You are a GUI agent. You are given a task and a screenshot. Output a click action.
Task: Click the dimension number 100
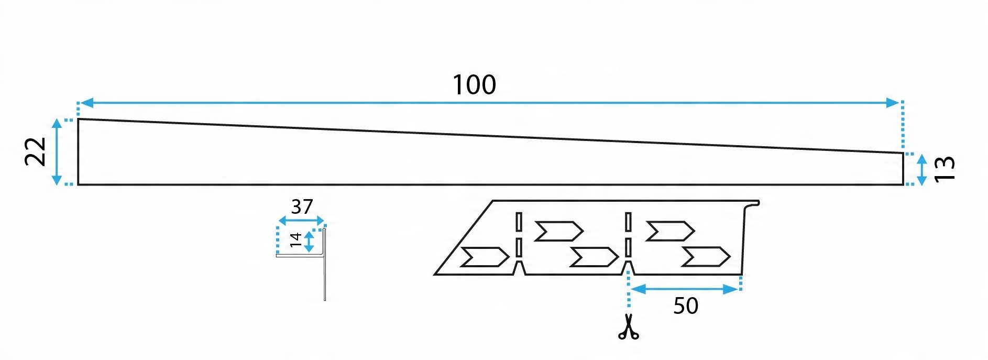pos(474,85)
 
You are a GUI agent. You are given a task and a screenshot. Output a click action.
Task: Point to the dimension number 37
pos(302,207)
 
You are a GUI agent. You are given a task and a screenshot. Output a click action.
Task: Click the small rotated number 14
pos(296,240)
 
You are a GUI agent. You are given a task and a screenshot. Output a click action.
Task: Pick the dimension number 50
pos(686,306)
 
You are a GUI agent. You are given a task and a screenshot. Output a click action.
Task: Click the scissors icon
pos(629,328)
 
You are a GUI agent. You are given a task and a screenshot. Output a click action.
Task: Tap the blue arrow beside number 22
pos(57,152)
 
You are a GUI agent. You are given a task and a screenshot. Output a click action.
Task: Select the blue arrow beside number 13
pos(922,169)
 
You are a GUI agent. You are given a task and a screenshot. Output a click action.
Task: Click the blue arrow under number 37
pos(301,221)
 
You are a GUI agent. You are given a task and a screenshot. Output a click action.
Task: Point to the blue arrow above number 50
pos(684,289)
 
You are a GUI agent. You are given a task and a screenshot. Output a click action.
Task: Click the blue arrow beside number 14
pos(310,242)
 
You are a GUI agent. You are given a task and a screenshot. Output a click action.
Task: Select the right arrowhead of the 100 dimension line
pos(893,103)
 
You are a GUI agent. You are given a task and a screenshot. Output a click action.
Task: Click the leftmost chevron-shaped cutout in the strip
pos(484,257)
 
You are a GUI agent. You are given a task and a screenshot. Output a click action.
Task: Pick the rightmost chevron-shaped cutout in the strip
pos(706,256)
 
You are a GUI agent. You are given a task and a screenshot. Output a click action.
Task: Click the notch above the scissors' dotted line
pos(628,268)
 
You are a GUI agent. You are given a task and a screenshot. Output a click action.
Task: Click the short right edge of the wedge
pos(904,169)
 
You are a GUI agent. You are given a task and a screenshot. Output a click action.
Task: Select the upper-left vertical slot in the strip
pos(519,222)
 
